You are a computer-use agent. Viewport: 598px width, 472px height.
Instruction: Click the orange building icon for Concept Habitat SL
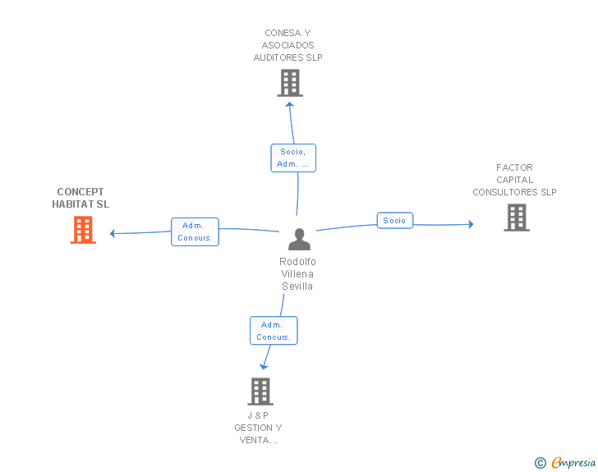pyautogui.click(x=83, y=230)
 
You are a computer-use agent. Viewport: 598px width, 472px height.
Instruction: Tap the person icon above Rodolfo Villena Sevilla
pyautogui.click(x=299, y=239)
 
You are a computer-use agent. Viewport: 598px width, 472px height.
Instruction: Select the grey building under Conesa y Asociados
pyautogui.click(x=290, y=83)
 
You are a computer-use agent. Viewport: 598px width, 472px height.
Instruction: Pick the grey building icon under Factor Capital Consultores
pyautogui.click(x=517, y=218)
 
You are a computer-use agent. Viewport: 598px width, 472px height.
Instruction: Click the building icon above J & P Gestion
pyautogui.click(x=260, y=392)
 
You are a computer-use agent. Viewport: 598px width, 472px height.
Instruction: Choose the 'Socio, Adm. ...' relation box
pyautogui.click(x=293, y=158)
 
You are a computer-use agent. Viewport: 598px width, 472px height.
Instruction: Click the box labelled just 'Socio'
pyautogui.click(x=395, y=220)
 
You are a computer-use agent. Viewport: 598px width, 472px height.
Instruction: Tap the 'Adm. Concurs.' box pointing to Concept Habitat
pyautogui.click(x=195, y=231)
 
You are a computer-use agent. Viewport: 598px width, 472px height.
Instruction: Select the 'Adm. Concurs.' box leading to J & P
pyautogui.click(x=274, y=331)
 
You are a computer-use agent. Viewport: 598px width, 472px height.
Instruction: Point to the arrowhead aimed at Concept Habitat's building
pyautogui.click(x=112, y=233)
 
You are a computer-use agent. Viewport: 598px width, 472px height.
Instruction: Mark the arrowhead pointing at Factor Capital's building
pyautogui.click(x=471, y=224)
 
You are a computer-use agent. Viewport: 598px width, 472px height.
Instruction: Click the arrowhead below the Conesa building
pyautogui.click(x=290, y=104)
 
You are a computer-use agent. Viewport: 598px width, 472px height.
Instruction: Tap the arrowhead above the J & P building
pyautogui.click(x=264, y=367)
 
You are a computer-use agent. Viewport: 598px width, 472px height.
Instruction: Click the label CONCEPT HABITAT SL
pyautogui.click(x=80, y=198)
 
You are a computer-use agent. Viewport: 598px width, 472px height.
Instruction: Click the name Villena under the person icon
pyautogui.click(x=297, y=273)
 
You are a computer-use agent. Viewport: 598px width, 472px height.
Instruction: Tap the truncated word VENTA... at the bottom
pyautogui.click(x=259, y=440)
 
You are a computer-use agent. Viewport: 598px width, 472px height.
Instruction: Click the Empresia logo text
pyautogui.click(x=573, y=463)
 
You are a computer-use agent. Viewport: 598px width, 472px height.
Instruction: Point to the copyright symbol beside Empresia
pyautogui.click(x=540, y=463)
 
